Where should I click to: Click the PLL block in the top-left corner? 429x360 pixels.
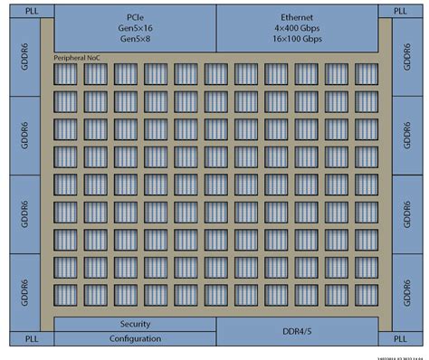pos(18,10)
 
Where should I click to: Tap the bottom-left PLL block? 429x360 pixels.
pos(18,339)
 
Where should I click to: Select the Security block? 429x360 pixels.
pos(135,324)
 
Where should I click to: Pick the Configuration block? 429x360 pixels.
pos(135,338)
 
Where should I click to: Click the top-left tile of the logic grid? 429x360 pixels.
pos(68,75)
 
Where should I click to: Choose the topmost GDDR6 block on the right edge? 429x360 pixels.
pos(404,58)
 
